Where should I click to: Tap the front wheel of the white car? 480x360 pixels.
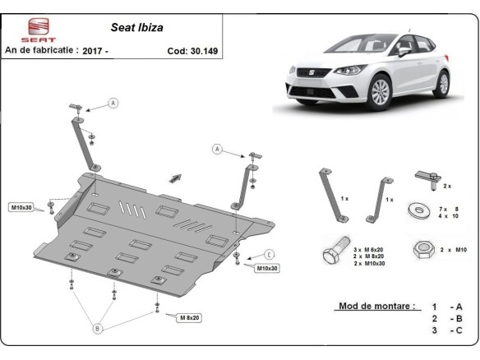coord(378,91)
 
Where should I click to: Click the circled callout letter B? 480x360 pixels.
coord(97,329)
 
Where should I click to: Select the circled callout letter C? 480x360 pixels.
coord(270,253)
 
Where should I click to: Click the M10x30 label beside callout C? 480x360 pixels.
coord(267,269)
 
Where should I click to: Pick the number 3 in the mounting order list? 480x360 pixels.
coord(433,330)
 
